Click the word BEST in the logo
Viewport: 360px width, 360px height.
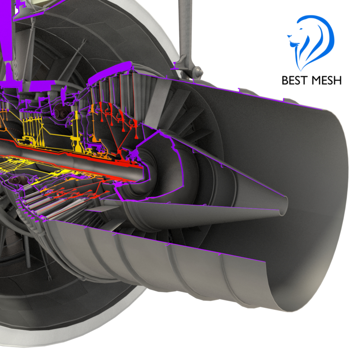point(297,81)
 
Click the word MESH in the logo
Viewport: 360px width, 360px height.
point(327,81)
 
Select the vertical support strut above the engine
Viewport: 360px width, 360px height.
point(183,27)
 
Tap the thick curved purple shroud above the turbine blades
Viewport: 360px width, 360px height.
point(112,72)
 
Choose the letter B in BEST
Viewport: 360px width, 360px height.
point(285,81)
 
